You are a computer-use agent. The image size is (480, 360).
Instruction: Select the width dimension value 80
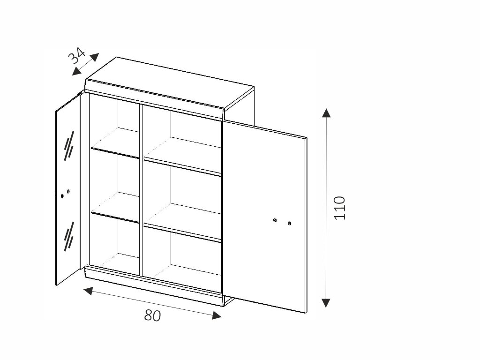tap(152, 315)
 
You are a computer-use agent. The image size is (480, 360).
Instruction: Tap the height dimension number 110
tap(340, 208)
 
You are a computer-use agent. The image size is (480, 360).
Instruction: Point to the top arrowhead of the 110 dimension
tap(327, 112)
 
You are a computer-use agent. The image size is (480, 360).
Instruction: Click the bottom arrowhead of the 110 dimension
tap(327, 302)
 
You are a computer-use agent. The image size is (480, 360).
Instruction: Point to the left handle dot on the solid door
tap(275, 220)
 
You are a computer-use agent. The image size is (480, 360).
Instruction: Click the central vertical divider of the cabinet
tap(141, 187)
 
